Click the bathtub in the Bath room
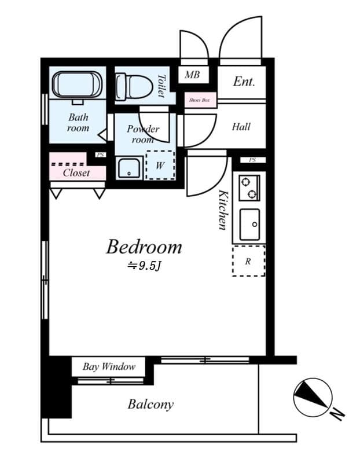pyautogui.click(x=78, y=85)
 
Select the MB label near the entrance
pyautogui.click(x=192, y=75)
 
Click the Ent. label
pyautogui.click(x=244, y=82)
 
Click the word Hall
pyautogui.click(x=241, y=126)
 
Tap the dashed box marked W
pyautogui.click(x=160, y=166)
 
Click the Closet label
pyautogui.click(x=76, y=172)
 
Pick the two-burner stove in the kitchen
pyautogui.click(x=249, y=187)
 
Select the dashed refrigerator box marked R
pyautogui.click(x=248, y=261)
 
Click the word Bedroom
pyautogui.click(x=144, y=247)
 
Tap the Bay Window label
pyautogui.click(x=109, y=366)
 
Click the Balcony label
pyautogui.click(x=150, y=404)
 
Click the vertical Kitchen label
pyautogui.click(x=222, y=210)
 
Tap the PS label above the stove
pyautogui.click(x=252, y=160)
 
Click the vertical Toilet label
pyautogui.click(x=161, y=86)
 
